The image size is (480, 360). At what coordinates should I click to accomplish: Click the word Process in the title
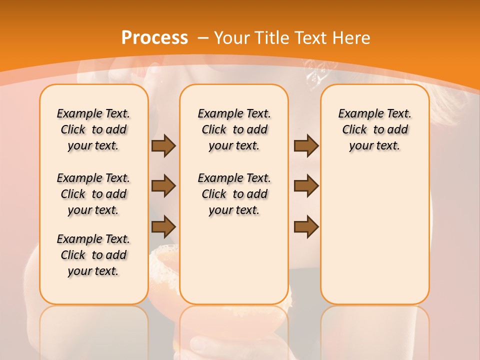pyautogui.click(x=154, y=37)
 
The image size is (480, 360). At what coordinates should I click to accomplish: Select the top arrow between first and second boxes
pyautogui.click(x=163, y=146)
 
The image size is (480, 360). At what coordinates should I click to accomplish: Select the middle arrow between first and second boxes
pyautogui.click(x=163, y=186)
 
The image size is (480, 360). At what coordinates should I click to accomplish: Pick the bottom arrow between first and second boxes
pyautogui.click(x=163, y=226)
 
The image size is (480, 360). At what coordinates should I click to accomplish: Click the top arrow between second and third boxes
pyautogui.click(x=306, y=146)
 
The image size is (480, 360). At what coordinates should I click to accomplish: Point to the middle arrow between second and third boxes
pyautogui.click(x=306, y=186)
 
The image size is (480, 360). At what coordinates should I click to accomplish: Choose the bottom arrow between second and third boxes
pyautogui.click(x=306, y=226)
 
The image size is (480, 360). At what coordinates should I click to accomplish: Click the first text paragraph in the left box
pyautogui.click(x=93, y=129)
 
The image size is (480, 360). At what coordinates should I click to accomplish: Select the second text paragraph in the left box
pyautogui.click(x=93, y=194)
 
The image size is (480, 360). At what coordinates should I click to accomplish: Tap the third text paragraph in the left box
pyautogui.click(x=93, y=255)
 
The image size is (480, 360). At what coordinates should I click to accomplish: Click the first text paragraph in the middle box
pyautogui.click(x=234, y=129)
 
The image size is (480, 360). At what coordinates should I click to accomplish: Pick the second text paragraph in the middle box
pyautogui.click(x=234, y=194)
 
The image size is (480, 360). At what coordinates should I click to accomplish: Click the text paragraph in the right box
pyautogui.click(x=375, y=129)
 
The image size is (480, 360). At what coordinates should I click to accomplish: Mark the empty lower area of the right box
pyautogui.click(x=375, y=235)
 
